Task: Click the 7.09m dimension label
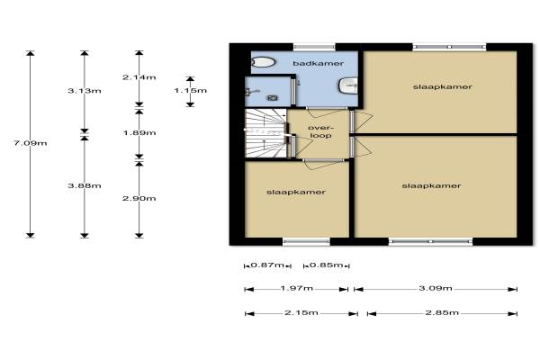31,143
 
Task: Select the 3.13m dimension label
85,91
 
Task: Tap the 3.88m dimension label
85,185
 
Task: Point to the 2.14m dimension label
139,77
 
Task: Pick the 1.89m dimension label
139,132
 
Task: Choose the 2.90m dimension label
139,198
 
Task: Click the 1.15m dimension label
191,91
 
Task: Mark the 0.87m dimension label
267,265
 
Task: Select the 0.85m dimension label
326,265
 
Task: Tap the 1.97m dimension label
297,288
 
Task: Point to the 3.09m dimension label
436,288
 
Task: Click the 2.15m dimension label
301,313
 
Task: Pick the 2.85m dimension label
442,313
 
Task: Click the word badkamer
319,63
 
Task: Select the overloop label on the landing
320,131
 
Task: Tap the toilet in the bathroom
264,62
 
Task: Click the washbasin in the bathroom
348,85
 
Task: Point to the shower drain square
273,98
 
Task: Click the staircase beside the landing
265,133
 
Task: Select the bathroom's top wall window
314,47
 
